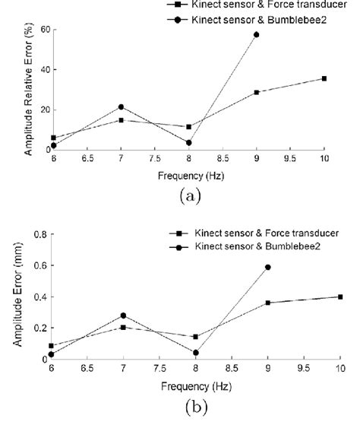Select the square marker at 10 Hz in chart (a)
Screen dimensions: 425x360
click(324, 78)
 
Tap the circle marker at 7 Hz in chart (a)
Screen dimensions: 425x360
click(120, 106)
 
